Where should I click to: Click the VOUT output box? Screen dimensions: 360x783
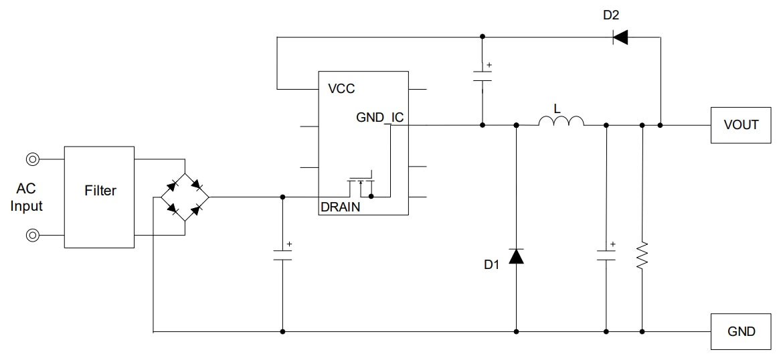click(x=741, y=124)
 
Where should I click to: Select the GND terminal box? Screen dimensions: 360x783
click(x=741, y=331)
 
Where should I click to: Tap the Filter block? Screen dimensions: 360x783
click(x=100, y=191)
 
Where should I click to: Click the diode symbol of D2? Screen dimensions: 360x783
click(x=620, y=37)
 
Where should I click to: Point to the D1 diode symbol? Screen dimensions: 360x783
click(x=516, y=256)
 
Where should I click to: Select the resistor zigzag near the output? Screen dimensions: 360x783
click(x=642, y=255)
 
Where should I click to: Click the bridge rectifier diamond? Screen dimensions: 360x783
click(x=185, y=197)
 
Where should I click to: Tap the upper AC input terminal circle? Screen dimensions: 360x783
click(x=32, y=159)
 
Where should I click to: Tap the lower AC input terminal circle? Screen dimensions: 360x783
click(x=32, y=235)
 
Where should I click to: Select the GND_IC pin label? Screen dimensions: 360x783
click(x=379, y=118)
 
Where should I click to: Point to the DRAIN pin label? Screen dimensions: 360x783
click(x=340, y=207)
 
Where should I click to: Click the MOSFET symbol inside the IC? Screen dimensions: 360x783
click(x=361, y=183)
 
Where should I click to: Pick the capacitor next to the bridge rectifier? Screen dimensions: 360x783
click(x=282, y=255)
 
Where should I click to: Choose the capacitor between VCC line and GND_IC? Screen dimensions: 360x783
click(x=482, y=74)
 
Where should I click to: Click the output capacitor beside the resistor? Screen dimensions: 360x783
click(x=606, y=255)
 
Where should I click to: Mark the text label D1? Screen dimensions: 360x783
click(x=492, y=265)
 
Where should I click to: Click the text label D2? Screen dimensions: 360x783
click(x=610, y=15)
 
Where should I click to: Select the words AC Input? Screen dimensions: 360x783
click(x=26, y=198)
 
